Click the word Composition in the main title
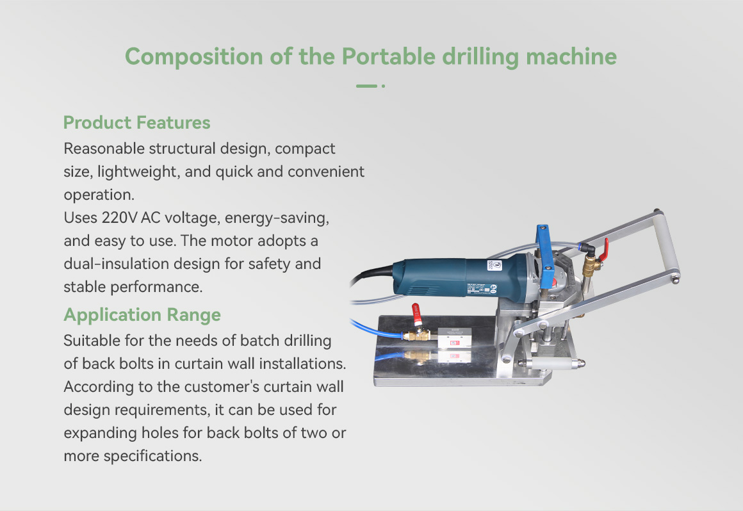(x=194, y=57)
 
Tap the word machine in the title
(x=571, y=56)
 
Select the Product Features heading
(x=137, y=123)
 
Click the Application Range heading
(x=142, y=315)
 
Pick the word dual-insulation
(x=116, y=263)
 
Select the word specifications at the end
(x=152, y=456)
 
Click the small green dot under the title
(x=383, y=86)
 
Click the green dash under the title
(x=366, y=86)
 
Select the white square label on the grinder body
(x=494, y=265)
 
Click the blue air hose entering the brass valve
(x=377, y=330)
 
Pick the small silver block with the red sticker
(x=454, y=337)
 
